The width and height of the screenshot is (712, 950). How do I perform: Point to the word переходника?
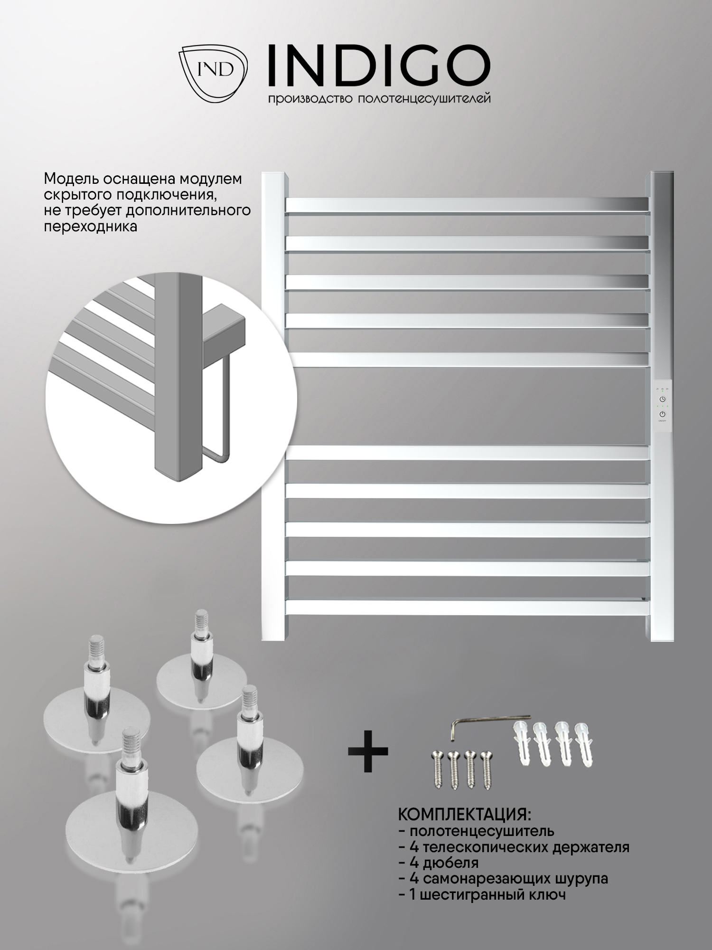(90, 226)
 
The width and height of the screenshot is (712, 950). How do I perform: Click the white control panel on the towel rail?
(662, 405)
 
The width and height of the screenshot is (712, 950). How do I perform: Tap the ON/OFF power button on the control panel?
(662, 415)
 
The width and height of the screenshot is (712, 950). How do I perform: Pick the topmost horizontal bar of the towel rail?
(467, 204)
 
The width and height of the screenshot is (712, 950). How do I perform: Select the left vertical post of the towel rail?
(274, 406)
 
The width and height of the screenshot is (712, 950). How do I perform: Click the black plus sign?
(368, 751)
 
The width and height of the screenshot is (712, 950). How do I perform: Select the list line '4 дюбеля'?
(439, 862)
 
